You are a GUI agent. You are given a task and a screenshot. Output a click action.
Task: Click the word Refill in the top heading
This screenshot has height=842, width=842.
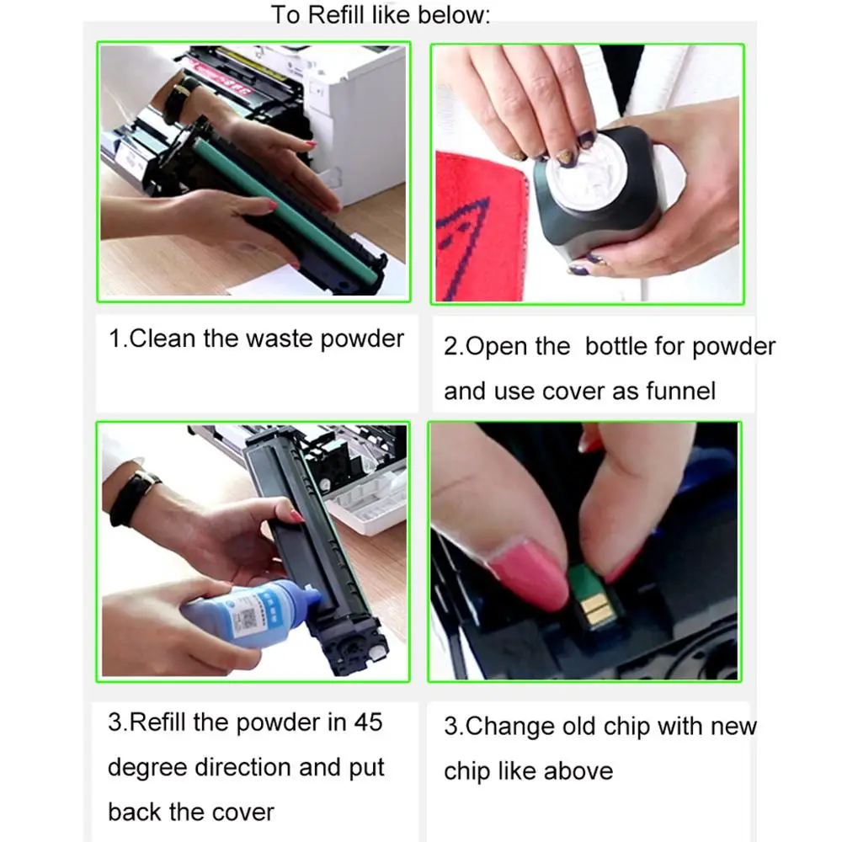pos(336,14)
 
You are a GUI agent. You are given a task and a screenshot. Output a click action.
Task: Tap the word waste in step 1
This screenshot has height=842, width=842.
pos(280,338)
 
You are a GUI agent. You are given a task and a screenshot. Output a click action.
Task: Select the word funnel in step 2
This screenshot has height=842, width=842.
pos(680,391)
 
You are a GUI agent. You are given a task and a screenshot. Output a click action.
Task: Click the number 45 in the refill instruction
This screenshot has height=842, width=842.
pos(368,722)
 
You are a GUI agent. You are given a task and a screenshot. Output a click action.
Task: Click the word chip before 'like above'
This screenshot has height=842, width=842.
pos(466,771)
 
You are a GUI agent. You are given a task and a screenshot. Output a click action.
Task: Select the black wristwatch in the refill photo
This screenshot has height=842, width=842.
pos(133,496)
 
